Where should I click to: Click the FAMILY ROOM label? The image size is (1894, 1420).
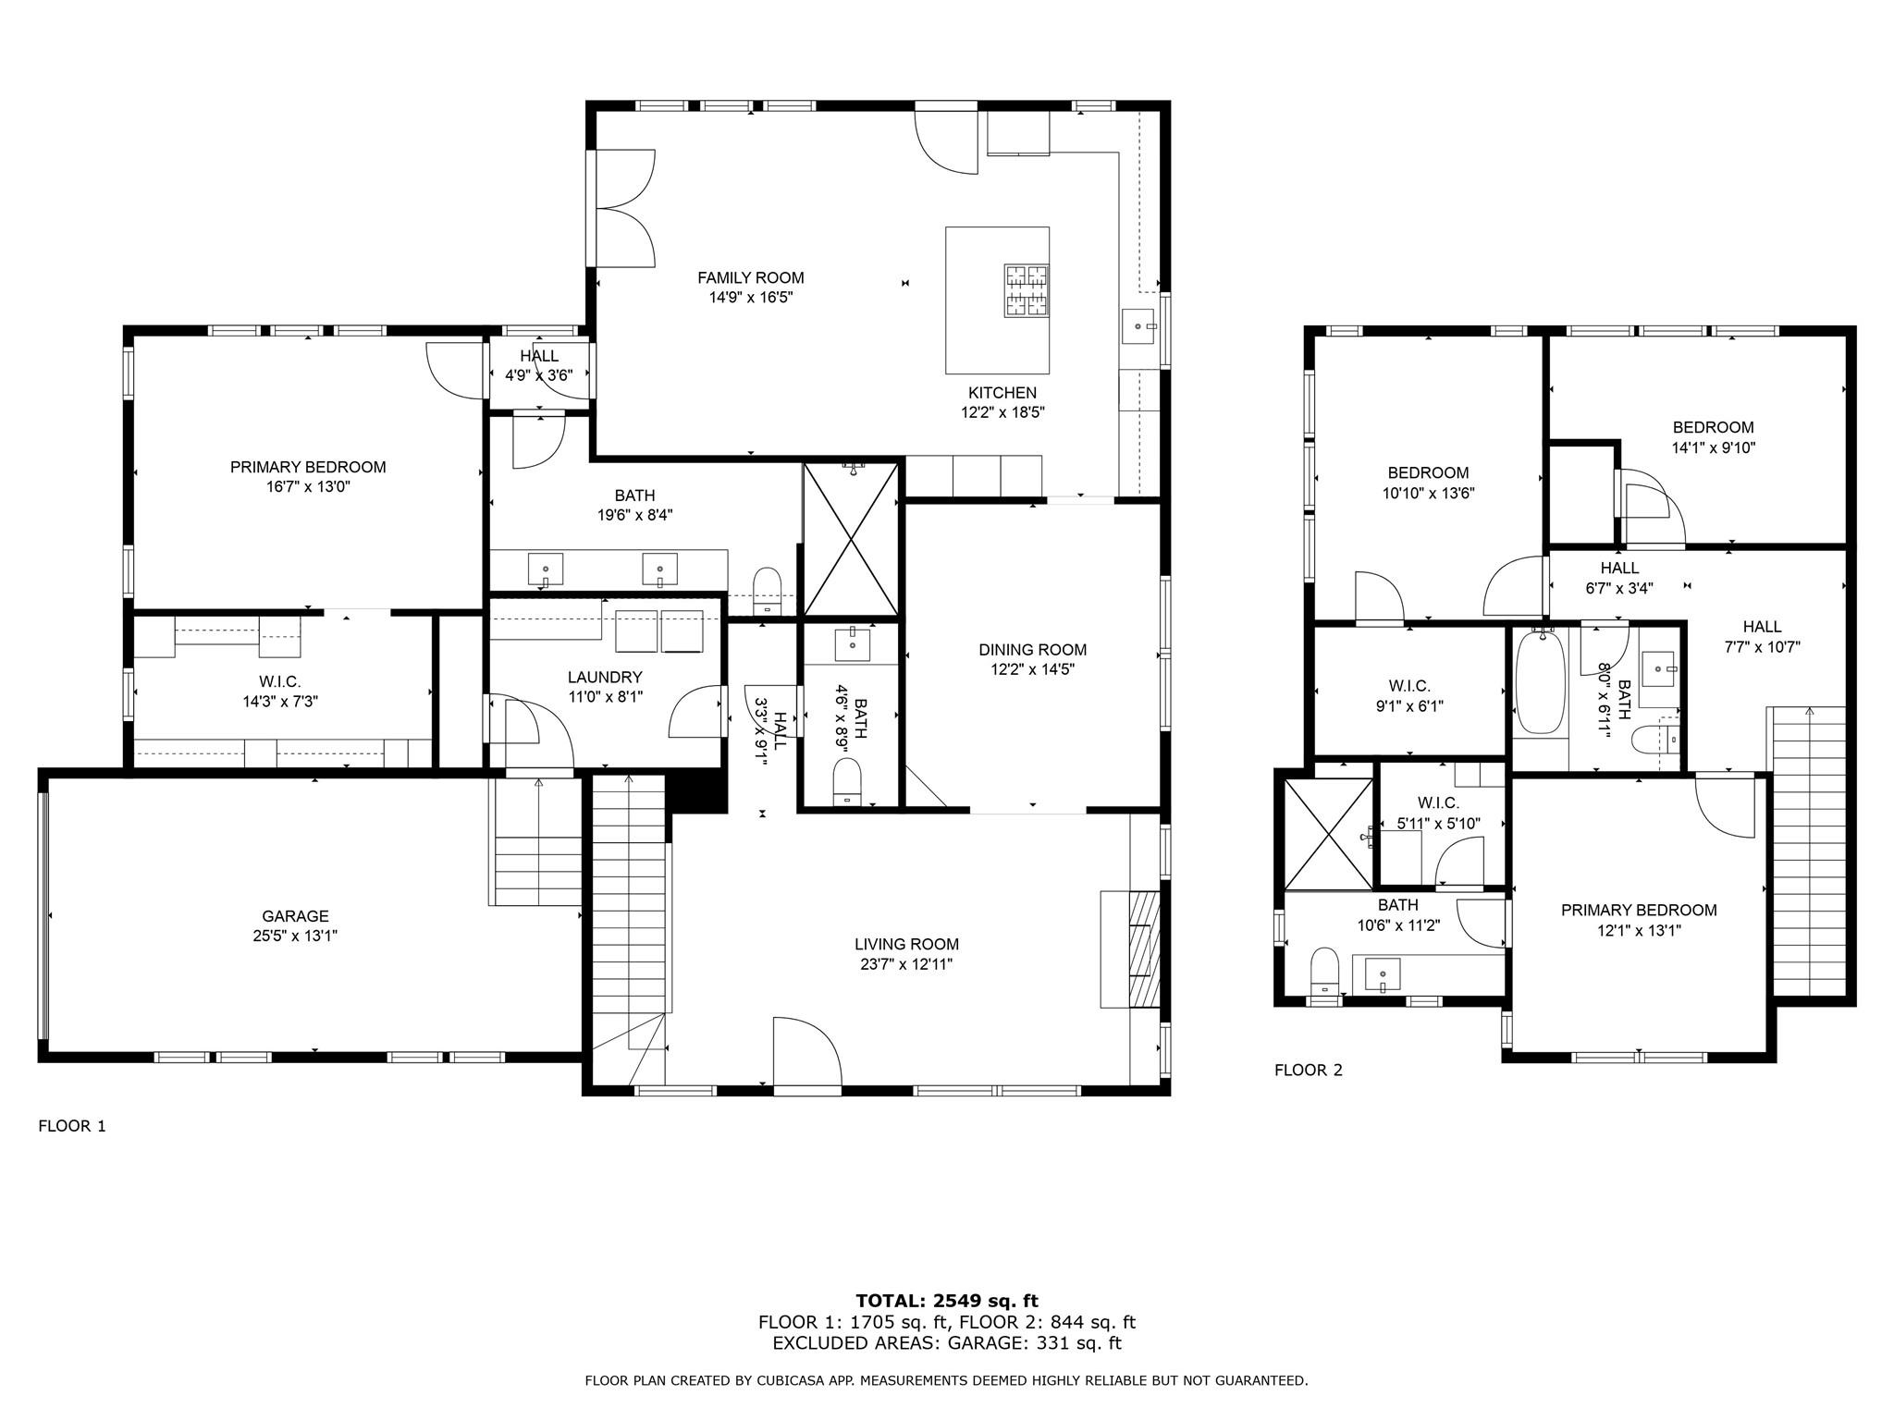[750, 277]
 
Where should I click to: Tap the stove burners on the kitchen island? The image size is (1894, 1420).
[1027, 291]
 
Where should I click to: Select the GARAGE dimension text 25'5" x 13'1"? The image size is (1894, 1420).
[296, 936]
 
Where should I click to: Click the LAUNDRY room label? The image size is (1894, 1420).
[605, 677]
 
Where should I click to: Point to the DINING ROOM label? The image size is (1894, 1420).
[1032, 649]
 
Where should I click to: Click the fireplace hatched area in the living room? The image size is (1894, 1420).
[1143, 949]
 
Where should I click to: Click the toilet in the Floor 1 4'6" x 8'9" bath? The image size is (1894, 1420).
[847, 781]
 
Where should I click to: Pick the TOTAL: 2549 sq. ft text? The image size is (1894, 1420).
[946, 1302]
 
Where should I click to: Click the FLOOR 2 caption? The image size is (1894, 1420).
[1308, 1071]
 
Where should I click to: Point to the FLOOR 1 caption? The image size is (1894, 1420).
[72, 1126]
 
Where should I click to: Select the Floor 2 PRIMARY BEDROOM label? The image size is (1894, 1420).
[1638, 910]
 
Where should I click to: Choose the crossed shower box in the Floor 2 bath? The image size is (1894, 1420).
[1329, 835]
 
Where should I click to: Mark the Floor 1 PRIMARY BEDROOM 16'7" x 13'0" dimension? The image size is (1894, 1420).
[307, 487]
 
